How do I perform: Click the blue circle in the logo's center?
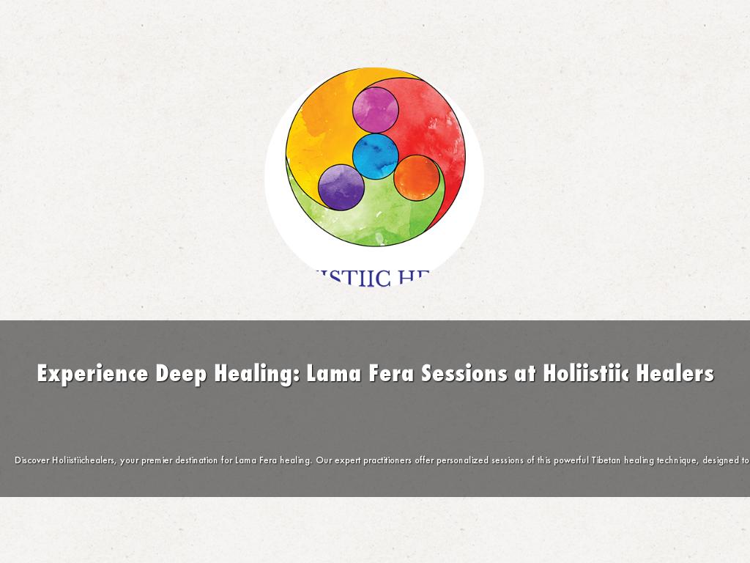coord(376,156)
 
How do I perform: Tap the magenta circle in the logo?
coord(376,110)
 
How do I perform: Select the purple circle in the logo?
coord(341,187)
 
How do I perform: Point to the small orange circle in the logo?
coord(416,177)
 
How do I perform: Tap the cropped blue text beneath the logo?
coord(374,278)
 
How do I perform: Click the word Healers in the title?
coord(675,373)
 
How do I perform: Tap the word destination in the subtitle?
coord(193,460)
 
